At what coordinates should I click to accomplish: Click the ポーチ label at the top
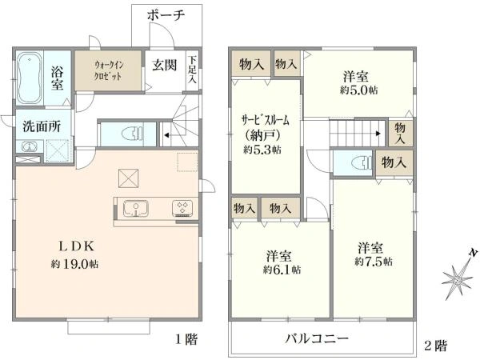click(166, 14)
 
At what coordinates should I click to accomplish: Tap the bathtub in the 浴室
click(29, 78)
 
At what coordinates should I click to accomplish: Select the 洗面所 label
click(42, 126)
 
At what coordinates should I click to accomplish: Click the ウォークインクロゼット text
click(109, 70)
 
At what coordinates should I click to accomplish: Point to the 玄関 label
click(164, 65)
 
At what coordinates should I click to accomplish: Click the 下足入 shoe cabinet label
click(192, 69)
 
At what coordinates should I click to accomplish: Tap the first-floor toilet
click(132, 134)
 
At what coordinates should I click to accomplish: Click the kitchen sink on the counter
click(136, 209)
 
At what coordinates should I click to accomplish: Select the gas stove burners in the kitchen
click(182, 207)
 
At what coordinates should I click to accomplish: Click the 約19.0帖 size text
click(74, 264)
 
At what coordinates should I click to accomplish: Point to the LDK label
click(76, 246)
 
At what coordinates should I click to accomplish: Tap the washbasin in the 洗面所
click(29, 147)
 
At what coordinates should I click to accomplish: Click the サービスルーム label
click(266, 120)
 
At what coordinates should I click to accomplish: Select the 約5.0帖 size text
click(358, 90)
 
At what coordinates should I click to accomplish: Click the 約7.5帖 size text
click(374, 262)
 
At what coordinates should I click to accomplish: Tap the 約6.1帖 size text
click(282, 270)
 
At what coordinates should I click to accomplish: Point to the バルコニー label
click(317, 338)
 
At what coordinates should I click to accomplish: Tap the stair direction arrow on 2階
click(378, 134)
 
